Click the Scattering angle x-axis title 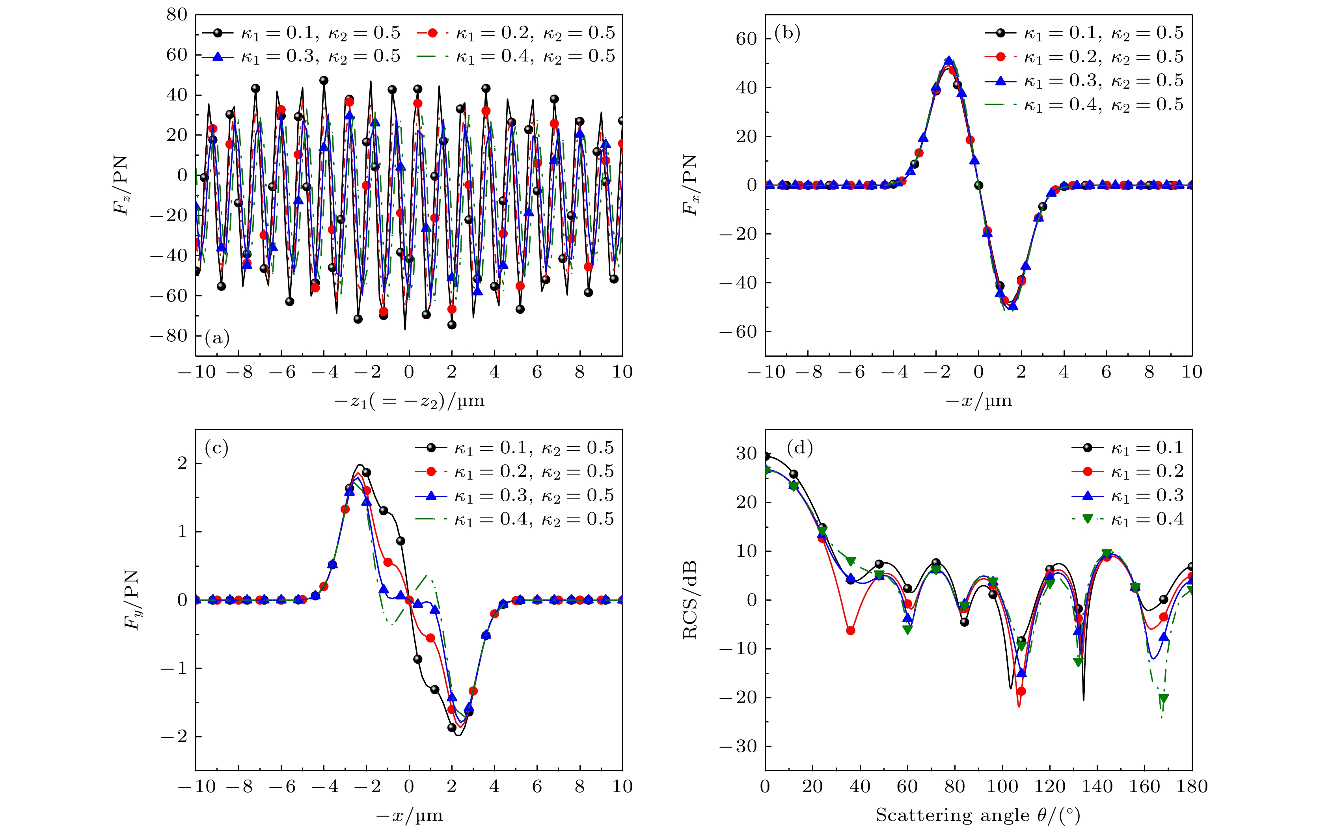tap(978, 815)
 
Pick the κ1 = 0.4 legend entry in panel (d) tap(1128, 519)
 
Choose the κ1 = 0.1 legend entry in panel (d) tap(1128, 448)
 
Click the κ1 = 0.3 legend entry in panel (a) tap(301, 56)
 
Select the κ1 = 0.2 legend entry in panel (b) tap(1084, 57)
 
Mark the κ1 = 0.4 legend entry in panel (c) tap(515, 519)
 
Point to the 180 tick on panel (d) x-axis tap(1192, 787)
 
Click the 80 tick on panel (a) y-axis tap(176, 15)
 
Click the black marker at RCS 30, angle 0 tap(766, 456)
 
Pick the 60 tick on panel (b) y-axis tap(746, 39)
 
